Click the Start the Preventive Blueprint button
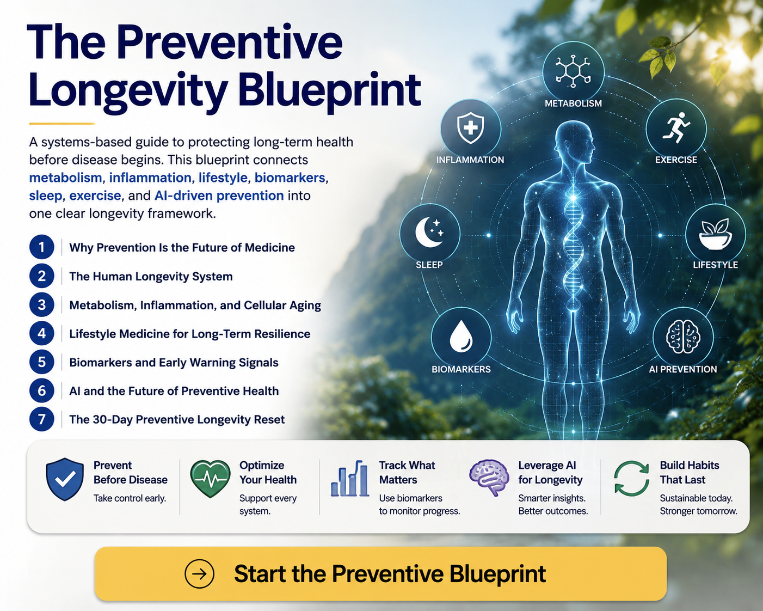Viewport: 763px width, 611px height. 380,574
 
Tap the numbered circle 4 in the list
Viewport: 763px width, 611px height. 41,333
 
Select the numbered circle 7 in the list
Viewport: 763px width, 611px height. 41,419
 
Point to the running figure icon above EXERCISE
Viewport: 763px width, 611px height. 676,128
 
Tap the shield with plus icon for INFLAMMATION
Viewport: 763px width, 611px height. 471,128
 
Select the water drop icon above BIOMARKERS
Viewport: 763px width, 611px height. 461,336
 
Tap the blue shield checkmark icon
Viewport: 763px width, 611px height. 65,479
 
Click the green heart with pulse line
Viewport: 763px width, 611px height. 210,479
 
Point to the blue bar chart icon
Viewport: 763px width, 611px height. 350,478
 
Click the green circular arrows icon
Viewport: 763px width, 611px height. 631,478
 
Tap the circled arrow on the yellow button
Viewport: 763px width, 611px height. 199,574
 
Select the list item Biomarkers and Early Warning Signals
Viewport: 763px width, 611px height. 174,362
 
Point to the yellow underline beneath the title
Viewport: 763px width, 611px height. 62,124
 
